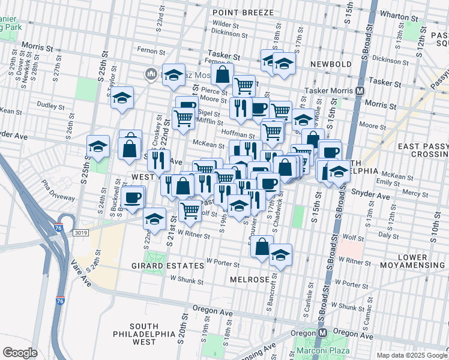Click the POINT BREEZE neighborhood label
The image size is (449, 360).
click(x=243, y=12)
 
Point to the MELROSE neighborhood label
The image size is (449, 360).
click(x=249, y=280)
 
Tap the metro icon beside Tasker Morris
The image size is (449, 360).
click(x=360, y=91)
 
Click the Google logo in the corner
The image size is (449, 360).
click(x=20, y=352)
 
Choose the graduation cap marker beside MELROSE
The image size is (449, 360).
click(x=280, y=254)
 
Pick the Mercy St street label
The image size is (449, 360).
click(x=412, y=193)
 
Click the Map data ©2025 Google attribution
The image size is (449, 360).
click(x=412, y=355)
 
